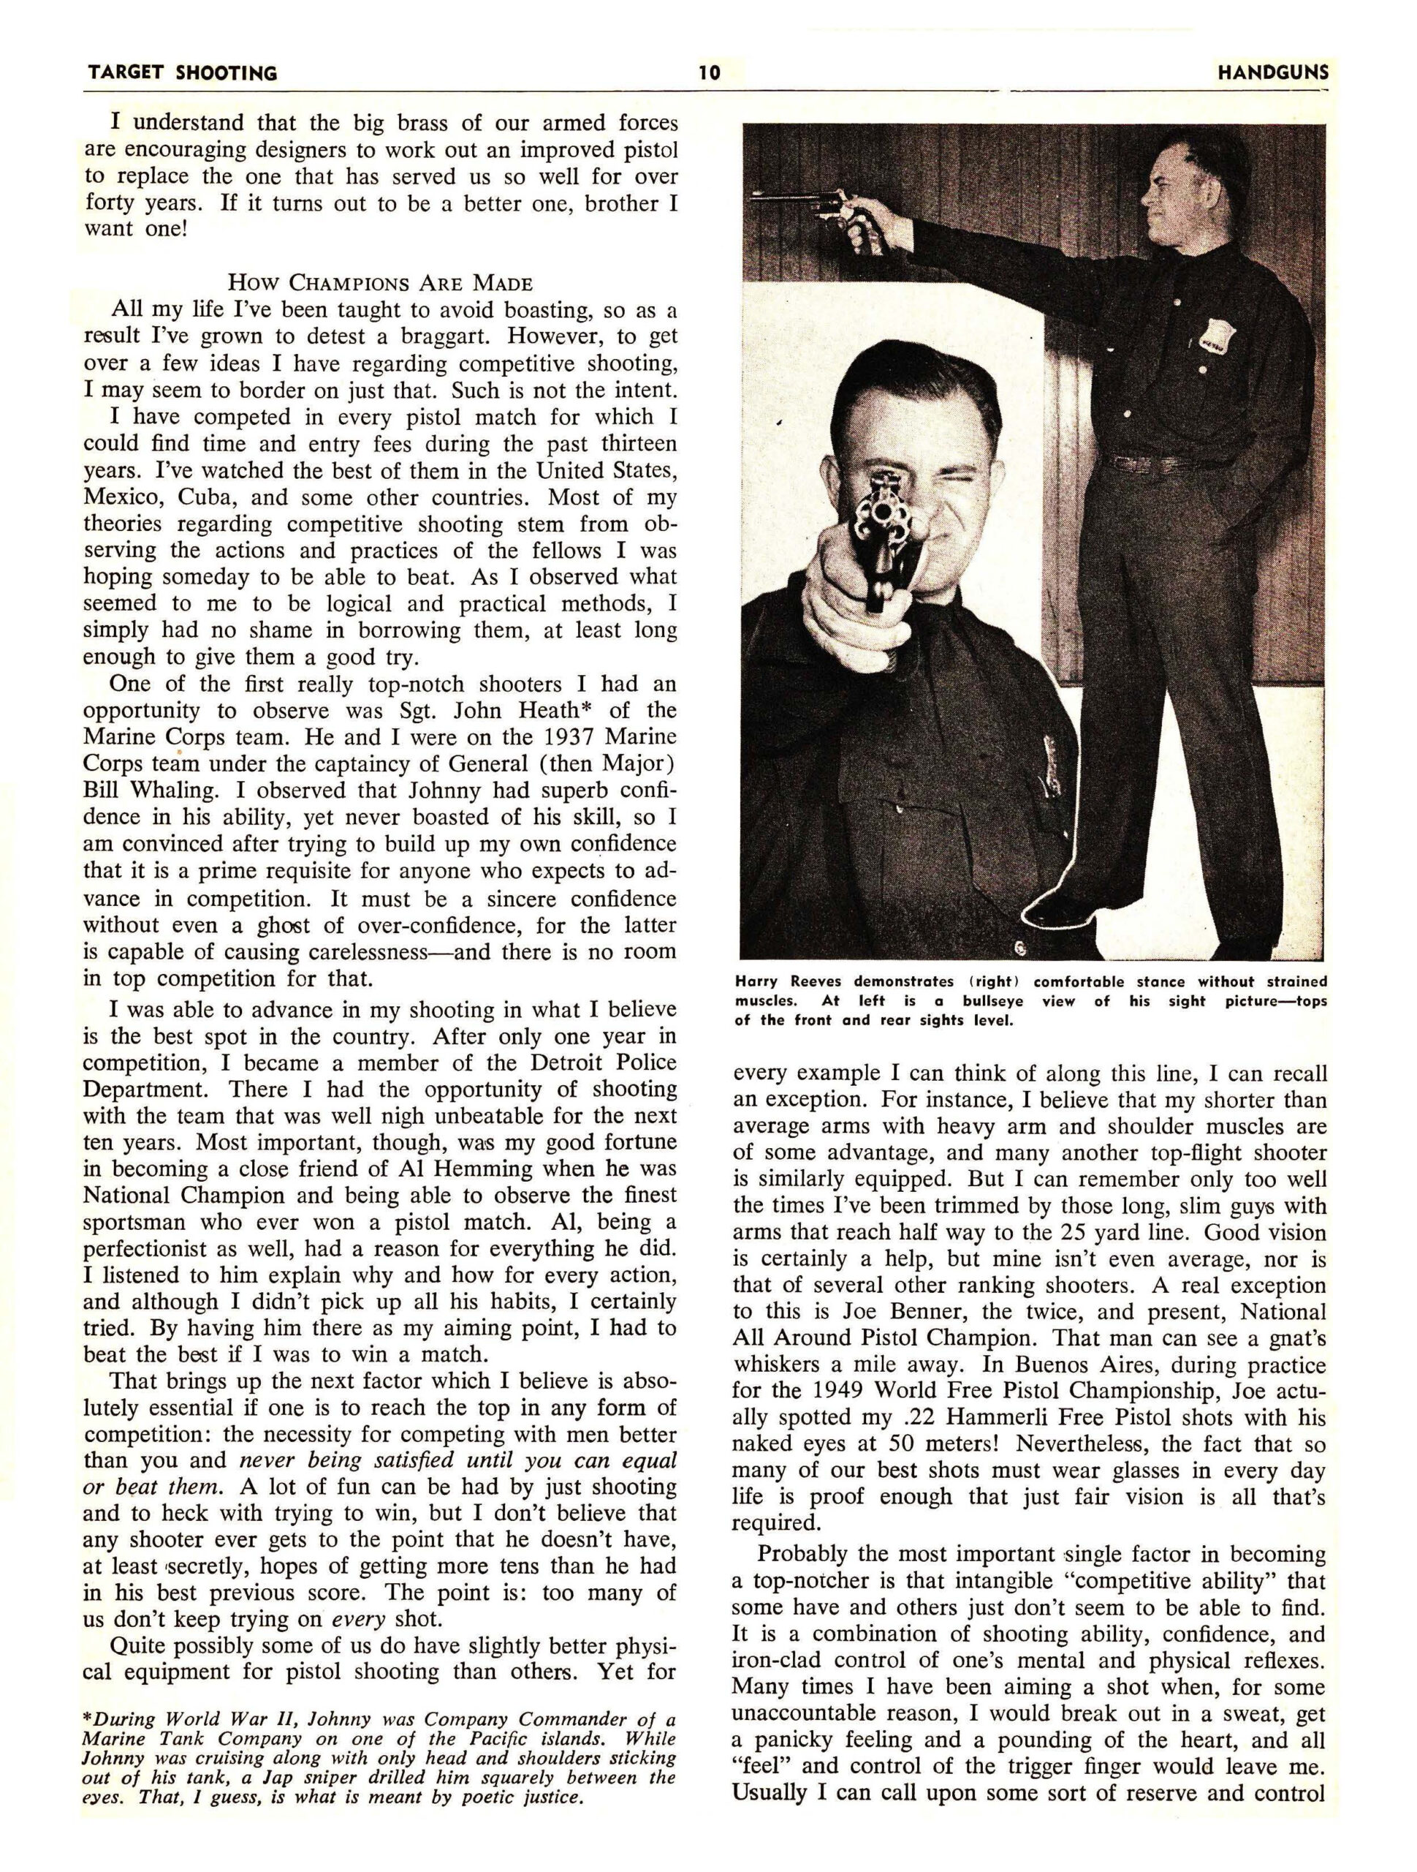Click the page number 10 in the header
click(x=709, y=73)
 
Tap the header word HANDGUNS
click(x=1272, y=73)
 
